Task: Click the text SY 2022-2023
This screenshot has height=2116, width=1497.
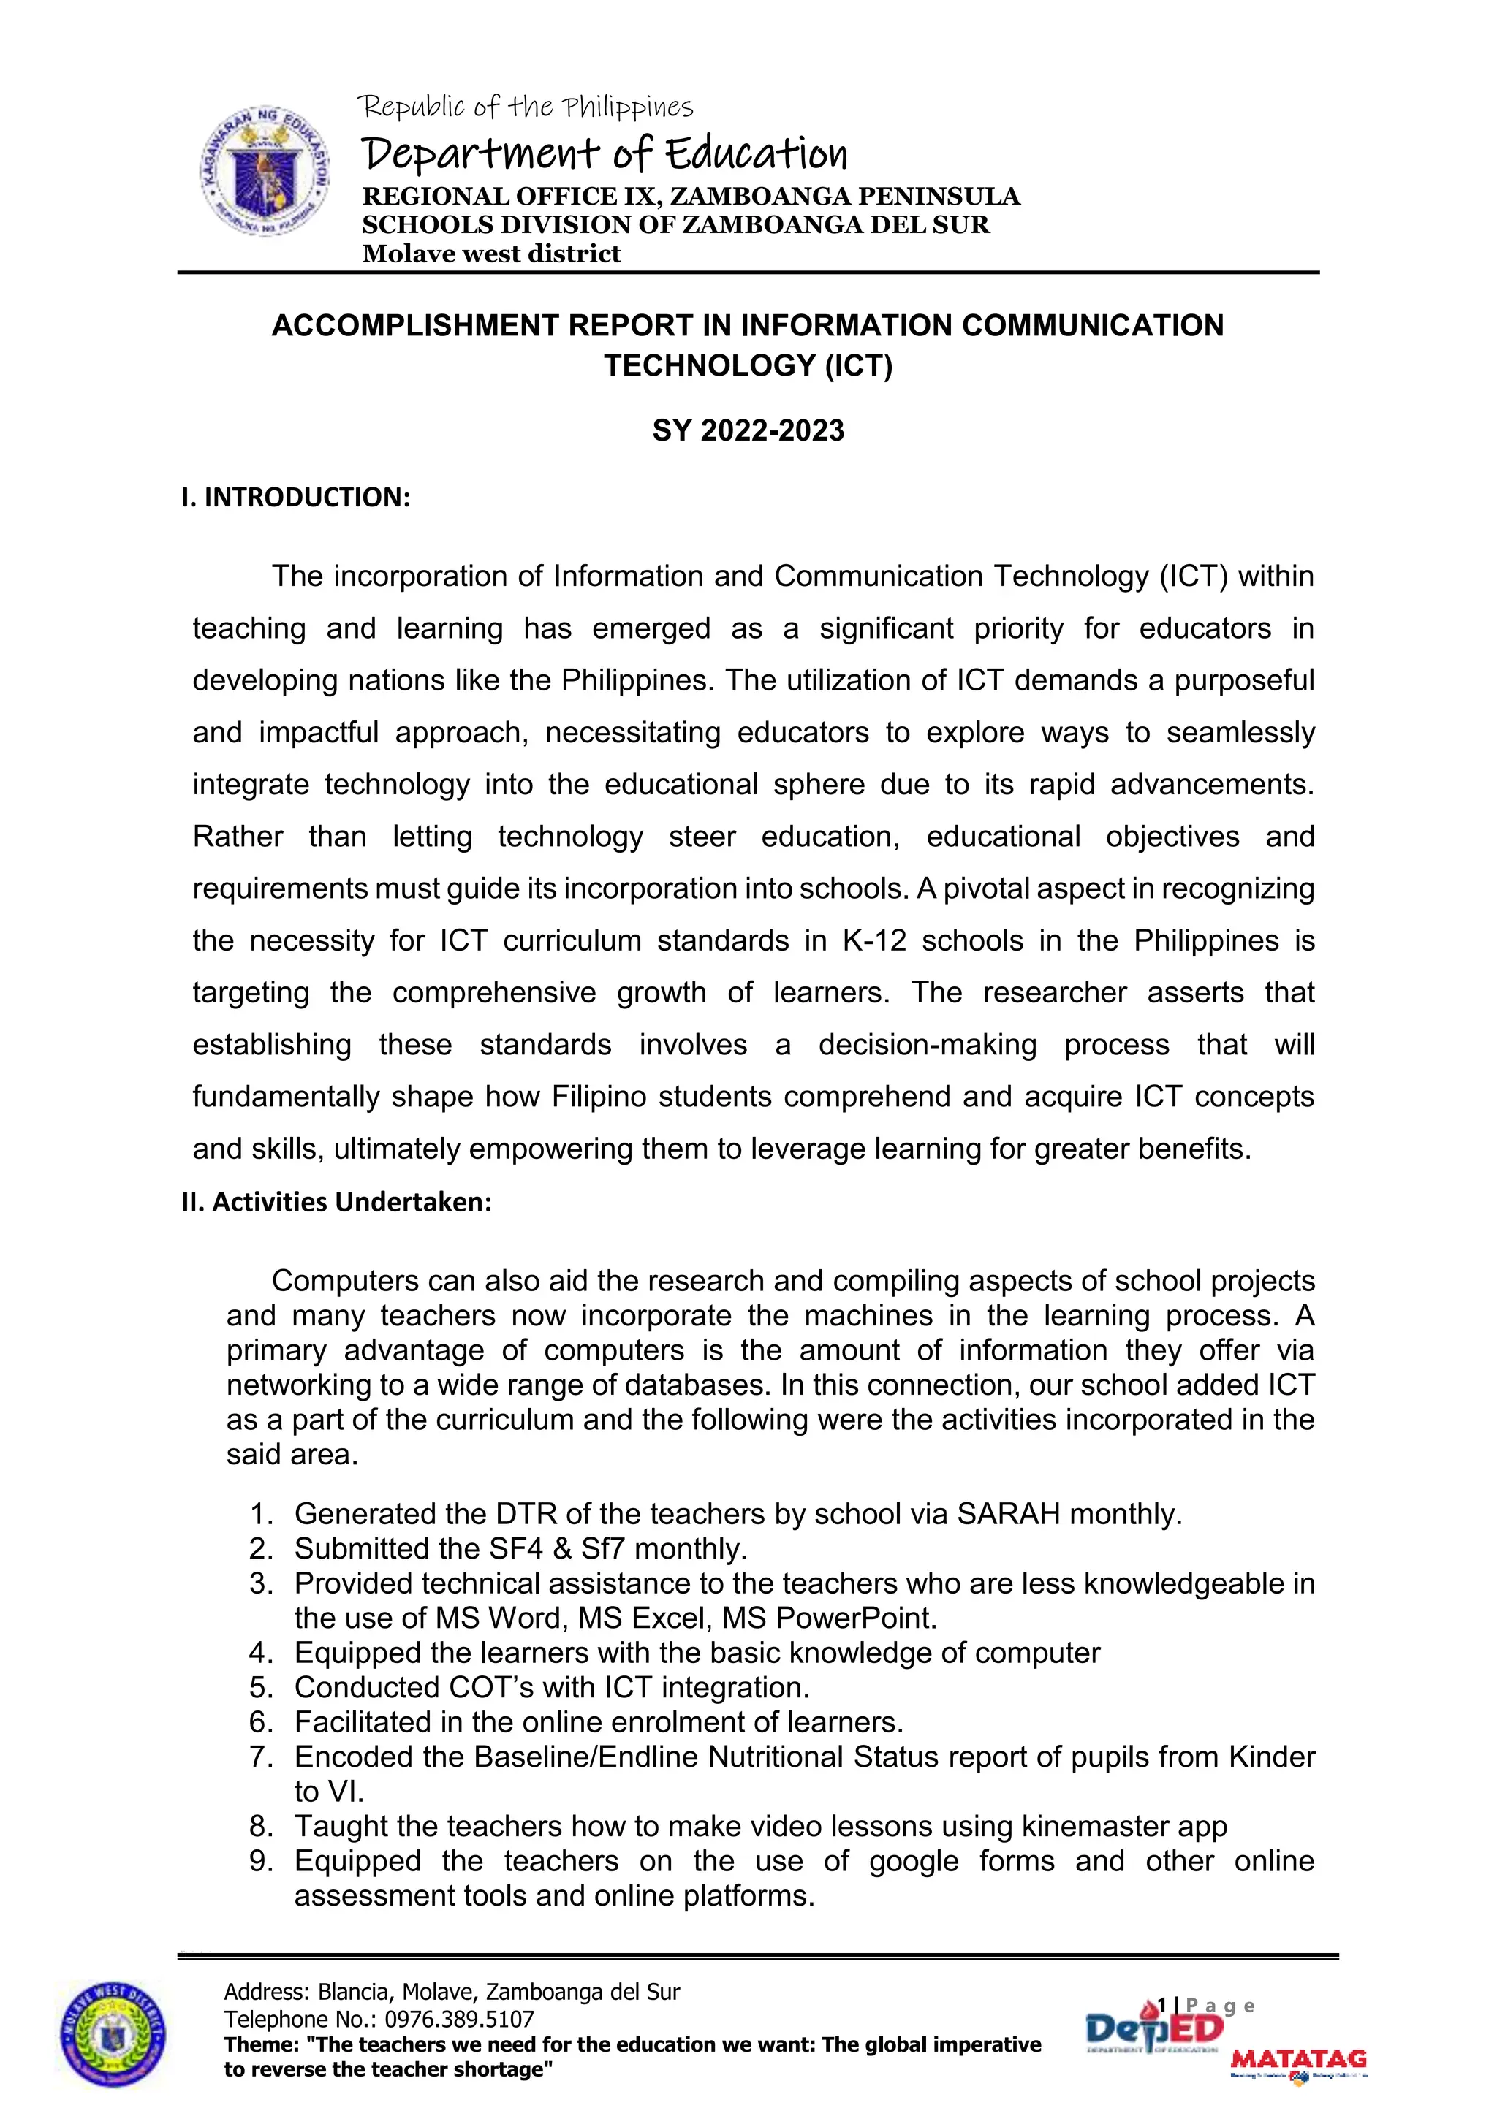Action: tap(748, 430)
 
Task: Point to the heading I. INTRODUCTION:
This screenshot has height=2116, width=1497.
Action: tap(296, 498)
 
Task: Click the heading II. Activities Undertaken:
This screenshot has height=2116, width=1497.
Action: tap(336, 1202)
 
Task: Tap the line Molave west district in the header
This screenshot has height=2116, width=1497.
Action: tap(491, 254)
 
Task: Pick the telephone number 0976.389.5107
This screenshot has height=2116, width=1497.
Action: tap(458, 2020)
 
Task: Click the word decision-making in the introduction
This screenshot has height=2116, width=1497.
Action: tap(928, 1045)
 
